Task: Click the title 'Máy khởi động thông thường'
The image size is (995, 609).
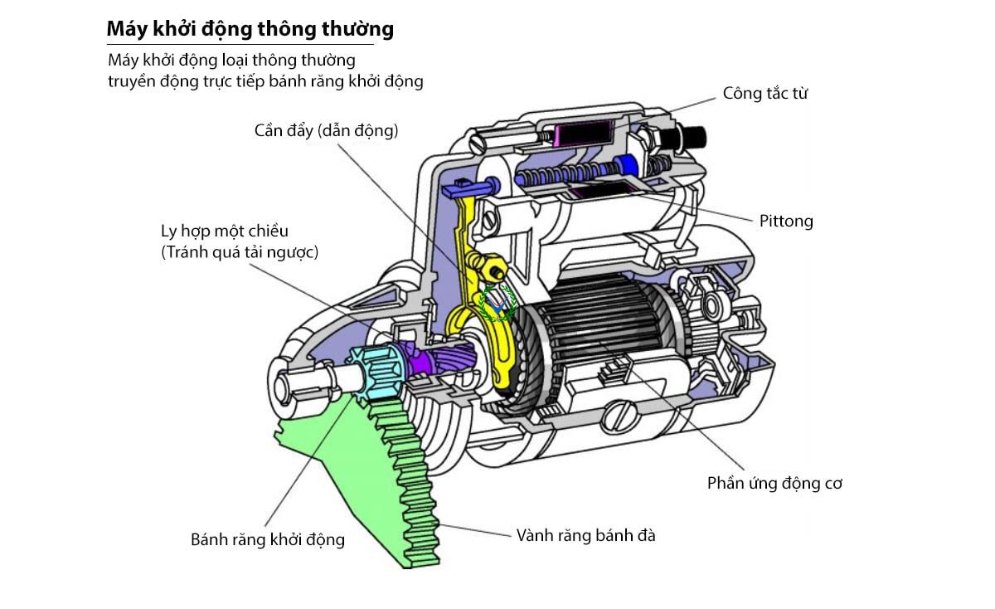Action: point(250,30)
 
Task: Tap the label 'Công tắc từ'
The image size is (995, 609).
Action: point(764,93)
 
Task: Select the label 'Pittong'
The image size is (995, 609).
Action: point(786,222)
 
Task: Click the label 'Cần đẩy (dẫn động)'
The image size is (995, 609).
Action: point(326,130)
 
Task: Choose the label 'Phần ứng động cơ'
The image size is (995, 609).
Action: point(774,483)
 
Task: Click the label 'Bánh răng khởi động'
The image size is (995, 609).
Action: point(267,539)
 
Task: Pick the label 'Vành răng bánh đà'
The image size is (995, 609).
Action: point(585,535)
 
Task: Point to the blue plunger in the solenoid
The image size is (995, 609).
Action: point(627,164)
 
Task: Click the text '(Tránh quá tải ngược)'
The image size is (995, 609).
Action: point(240,252)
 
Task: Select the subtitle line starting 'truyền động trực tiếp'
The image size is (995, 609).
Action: point(265,81)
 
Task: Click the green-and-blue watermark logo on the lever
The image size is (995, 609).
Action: point(498,303)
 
